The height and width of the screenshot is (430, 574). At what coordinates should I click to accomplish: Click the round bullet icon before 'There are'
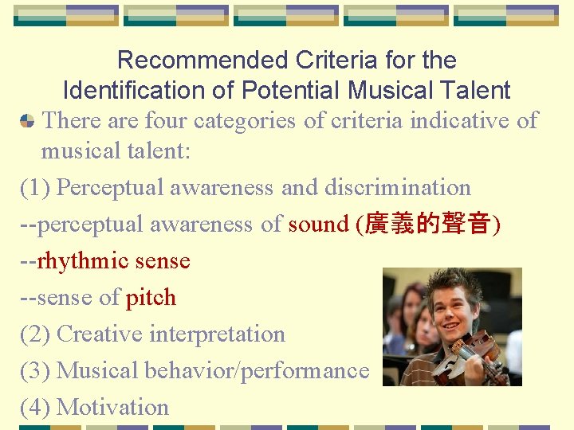tap(27, 121)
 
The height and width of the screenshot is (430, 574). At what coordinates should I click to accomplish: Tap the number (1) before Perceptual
tap(35, 188)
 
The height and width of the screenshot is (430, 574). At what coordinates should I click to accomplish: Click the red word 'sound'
tap(319, 225)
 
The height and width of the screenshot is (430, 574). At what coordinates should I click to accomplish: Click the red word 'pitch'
tap(151, 298)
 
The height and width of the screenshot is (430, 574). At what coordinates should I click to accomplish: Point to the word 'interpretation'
tap(216, 334)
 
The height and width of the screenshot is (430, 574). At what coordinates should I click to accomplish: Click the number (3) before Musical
tap(35, 370)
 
